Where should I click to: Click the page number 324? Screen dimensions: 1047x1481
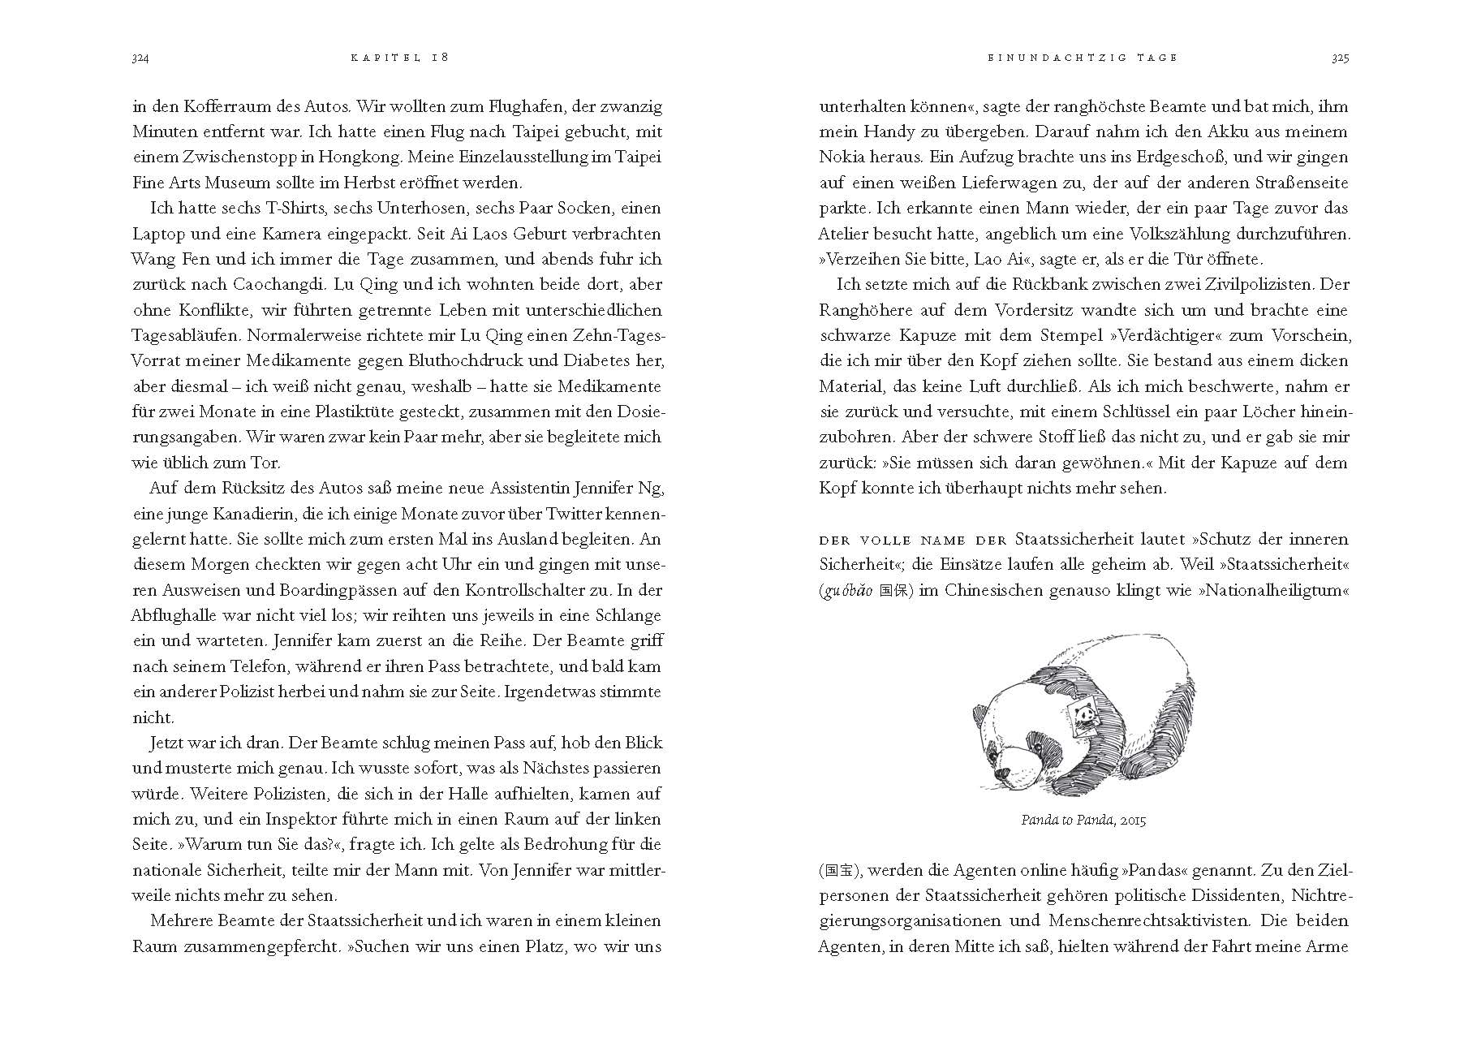click(142, 58)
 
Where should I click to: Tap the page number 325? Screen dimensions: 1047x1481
click(1340, 58)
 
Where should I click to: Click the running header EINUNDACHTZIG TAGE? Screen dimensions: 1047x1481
click(1083, 58)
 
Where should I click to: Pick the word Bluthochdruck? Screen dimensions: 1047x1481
click(444, 360)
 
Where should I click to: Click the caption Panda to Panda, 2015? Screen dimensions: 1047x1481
click(1083, 821)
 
